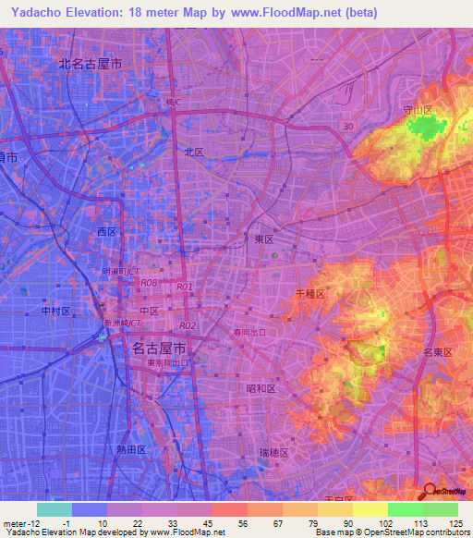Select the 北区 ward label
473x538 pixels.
tap(193, 153)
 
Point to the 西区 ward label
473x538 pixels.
tap(107, 231)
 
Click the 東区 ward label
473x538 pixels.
tap(264, 238)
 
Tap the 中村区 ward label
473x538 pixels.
tap(56, 312)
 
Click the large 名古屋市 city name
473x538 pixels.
tap(159, 348)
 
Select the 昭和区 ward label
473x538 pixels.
tap(261, 389)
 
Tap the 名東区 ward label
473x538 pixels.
tap(435, 352)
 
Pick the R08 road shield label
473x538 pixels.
tap(150, 282)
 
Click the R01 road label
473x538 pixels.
tap(184, 287)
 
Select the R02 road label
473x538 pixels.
tap(188, 325)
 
